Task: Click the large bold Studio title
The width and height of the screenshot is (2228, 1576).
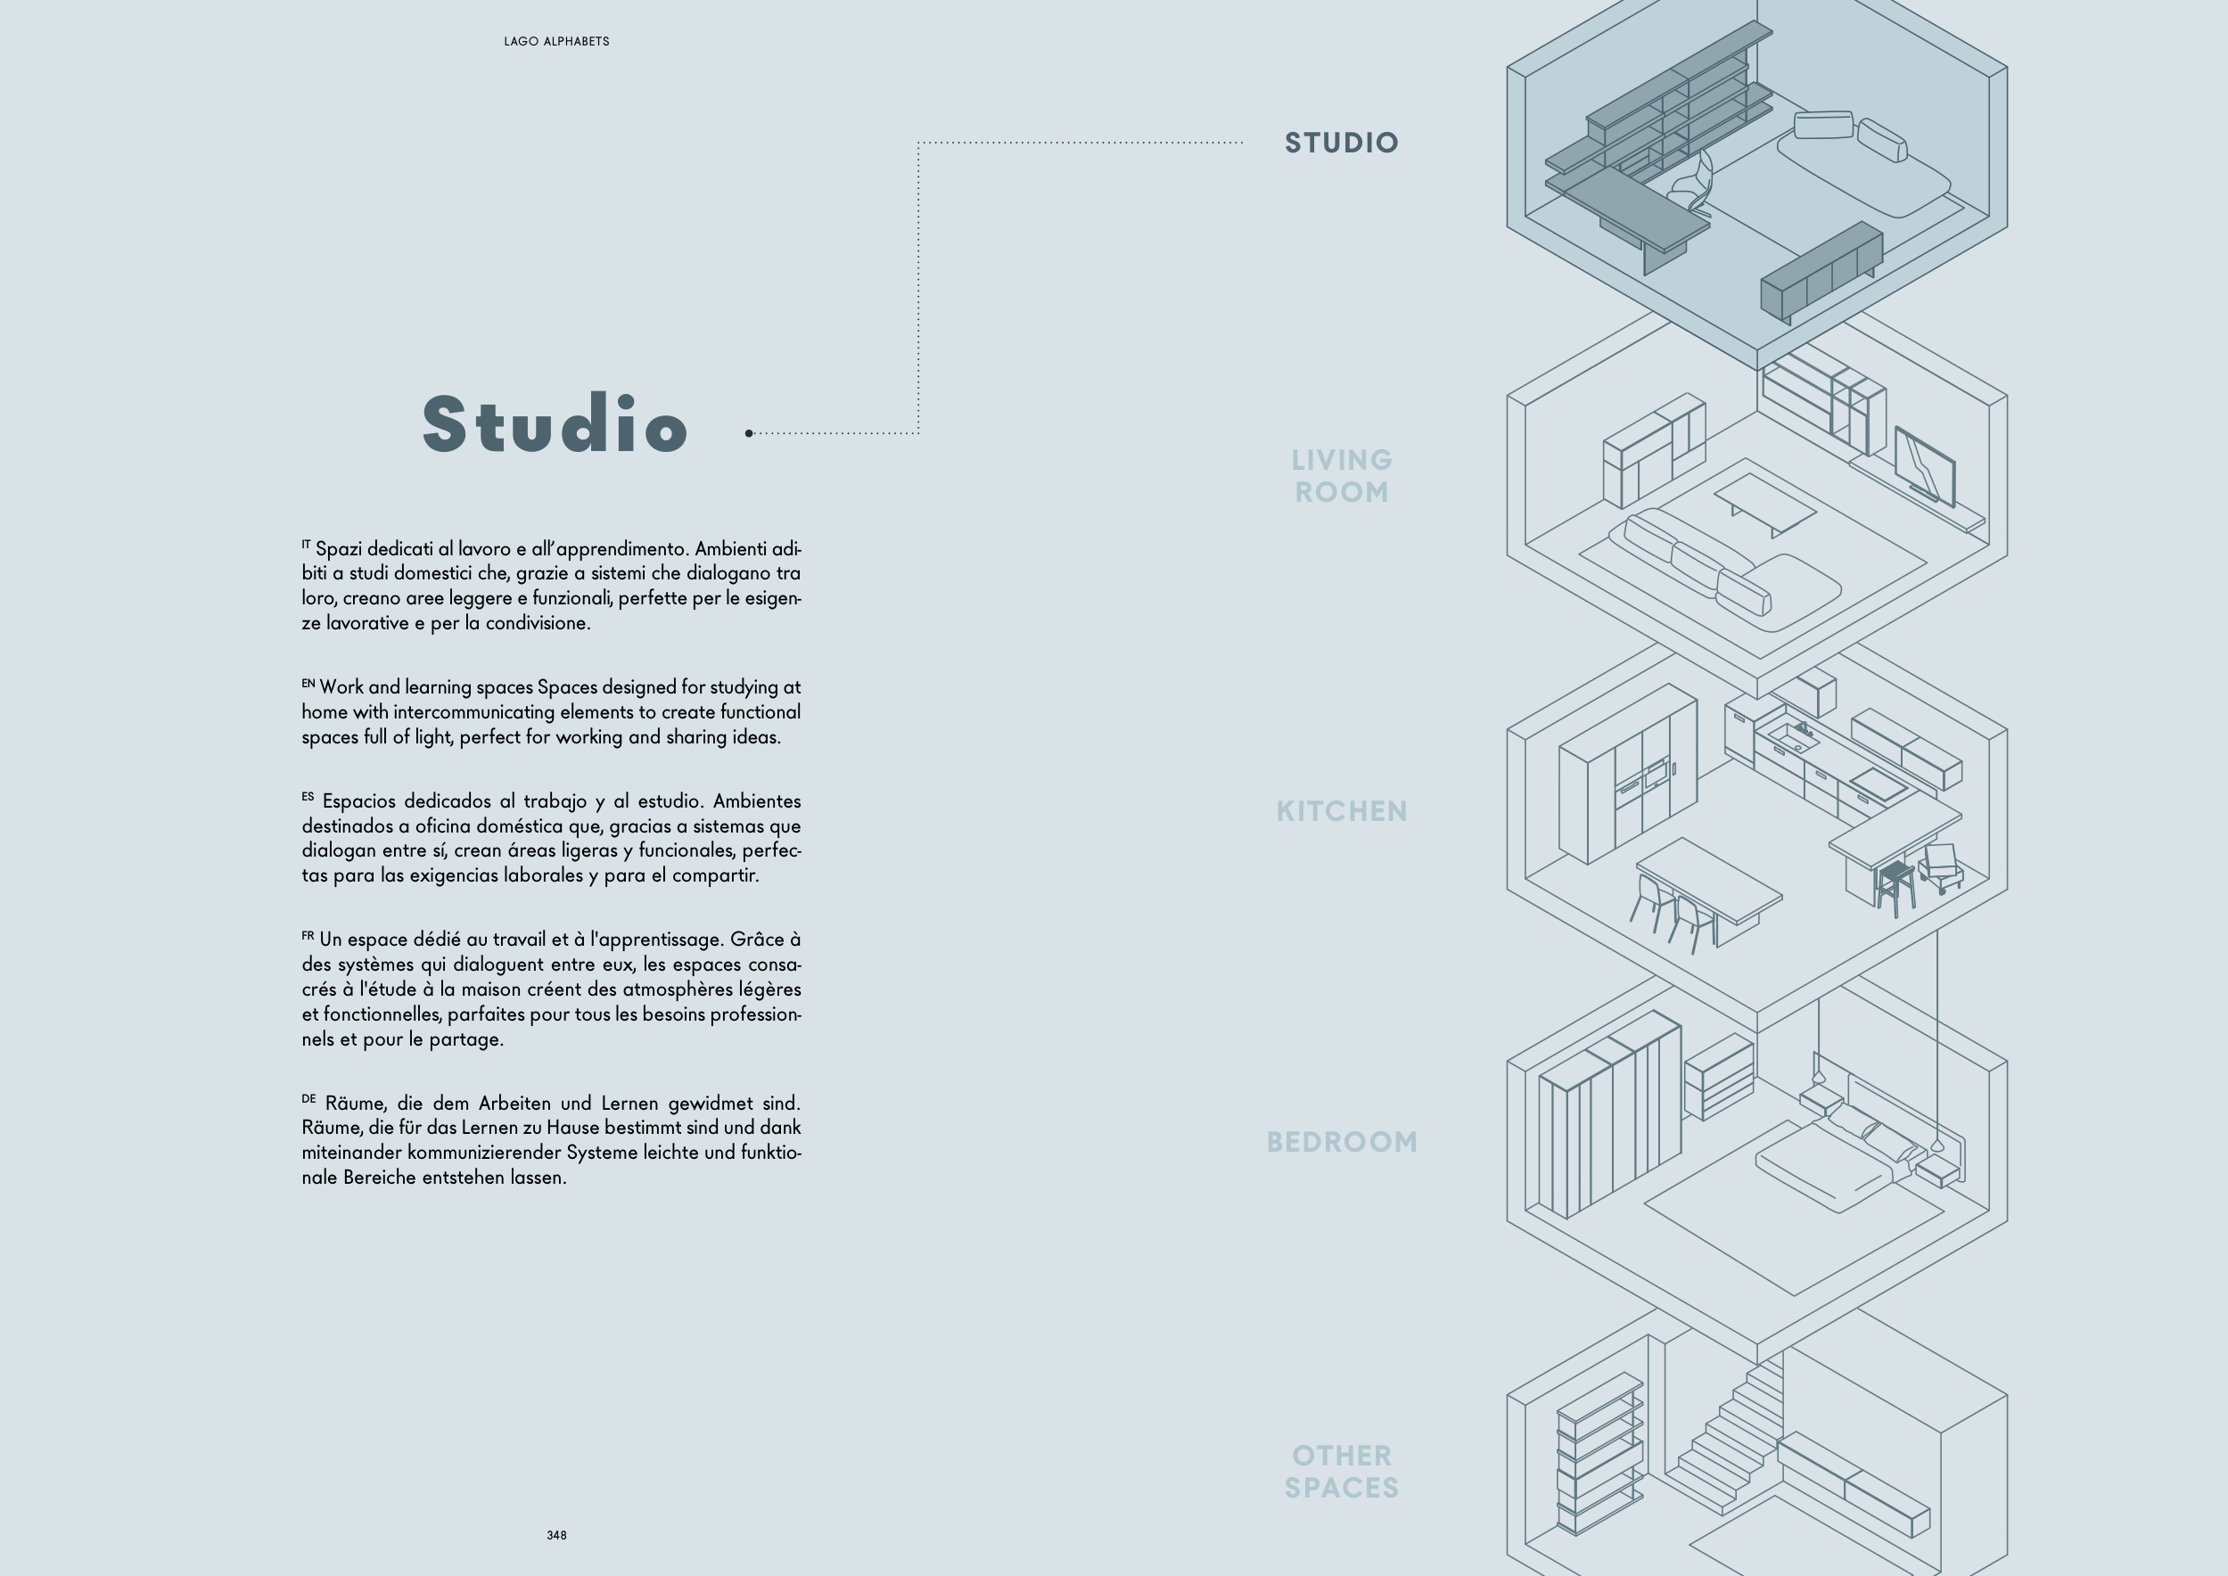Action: coord(555,423)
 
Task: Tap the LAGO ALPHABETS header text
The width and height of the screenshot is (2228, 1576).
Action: coord(557,42)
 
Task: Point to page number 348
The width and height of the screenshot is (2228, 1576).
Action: coord(557,1535)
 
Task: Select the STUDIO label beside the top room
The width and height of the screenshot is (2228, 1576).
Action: coord(1341,143)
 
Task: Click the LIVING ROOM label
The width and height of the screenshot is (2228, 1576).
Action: coord(1342,475)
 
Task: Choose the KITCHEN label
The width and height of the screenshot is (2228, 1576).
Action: coord(1342,811)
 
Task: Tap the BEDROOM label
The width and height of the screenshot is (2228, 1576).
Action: coord(1342,1142)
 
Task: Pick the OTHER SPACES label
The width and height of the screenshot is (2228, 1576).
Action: coord(1342,1471)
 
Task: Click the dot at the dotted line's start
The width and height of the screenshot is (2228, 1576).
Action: coord(749,433)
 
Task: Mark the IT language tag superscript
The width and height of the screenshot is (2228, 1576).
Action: coord(307,544)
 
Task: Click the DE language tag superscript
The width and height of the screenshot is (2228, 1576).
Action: coord(308,1098)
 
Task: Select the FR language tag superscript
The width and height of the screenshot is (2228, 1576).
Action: coord(308,935)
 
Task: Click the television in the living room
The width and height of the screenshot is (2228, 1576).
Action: coord(1925,467)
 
